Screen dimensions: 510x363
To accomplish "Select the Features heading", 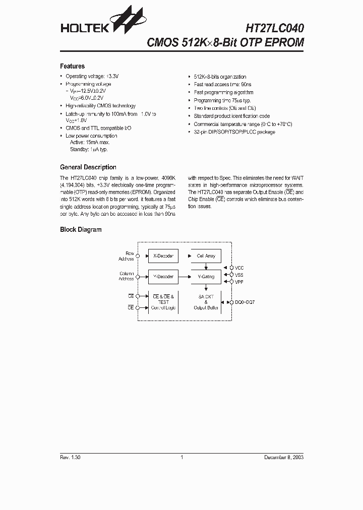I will coord(72,66).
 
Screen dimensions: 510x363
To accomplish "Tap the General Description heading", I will coord(88,167).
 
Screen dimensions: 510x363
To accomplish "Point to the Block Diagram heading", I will coord(81,230).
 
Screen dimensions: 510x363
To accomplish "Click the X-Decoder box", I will coord(163,256).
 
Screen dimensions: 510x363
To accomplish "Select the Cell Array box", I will coord(206,256).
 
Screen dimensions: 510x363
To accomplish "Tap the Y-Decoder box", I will coord(163,277).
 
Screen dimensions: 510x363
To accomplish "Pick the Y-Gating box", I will coord(206,277).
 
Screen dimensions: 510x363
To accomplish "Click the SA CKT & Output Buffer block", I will coord(206,302).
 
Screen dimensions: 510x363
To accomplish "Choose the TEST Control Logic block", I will coord(163,302).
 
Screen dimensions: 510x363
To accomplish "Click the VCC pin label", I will coord(239,268).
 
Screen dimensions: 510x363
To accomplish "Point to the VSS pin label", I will coord(239,275).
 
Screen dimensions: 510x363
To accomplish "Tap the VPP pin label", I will coord(239,282).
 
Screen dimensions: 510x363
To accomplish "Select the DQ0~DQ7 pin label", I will coord(246,302).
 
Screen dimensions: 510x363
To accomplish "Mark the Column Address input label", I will coord(126,276).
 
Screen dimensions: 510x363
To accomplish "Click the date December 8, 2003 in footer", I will coord(284,458).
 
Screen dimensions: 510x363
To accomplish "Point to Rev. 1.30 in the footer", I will coord(70,458).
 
